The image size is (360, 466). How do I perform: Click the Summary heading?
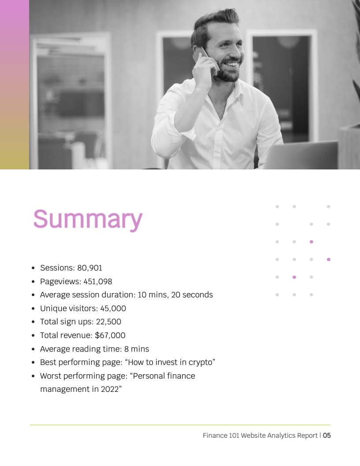tap(88, 219)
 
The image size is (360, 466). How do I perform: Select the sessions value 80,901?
tap(90, 268)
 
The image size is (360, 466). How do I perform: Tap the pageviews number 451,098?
tap(98, 282)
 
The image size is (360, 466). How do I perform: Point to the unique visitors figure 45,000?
tap(113, 308)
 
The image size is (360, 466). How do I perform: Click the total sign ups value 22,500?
tap(109, 322)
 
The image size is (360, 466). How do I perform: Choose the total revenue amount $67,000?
tap(110, 335)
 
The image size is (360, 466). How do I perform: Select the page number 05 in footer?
tap(327, 436)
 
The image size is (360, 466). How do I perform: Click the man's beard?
tap(227, 71)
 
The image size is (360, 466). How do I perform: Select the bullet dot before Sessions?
tap(33, 268)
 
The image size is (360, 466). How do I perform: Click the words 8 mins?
tap(137, 349)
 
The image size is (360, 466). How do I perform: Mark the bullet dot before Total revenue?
tap(33, 335)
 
